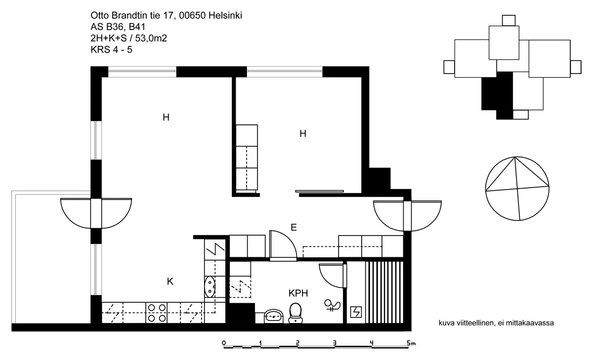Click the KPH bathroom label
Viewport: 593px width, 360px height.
(298, 293)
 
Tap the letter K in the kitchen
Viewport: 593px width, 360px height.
(170, 281)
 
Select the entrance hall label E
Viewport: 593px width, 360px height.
(294, 228)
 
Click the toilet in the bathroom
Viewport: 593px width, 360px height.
(296, 313)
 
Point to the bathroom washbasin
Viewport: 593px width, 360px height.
(274, 317)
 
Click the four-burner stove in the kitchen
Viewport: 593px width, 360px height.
(157, 313)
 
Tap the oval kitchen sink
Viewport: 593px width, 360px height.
(210, 287)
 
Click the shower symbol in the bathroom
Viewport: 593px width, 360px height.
(332, 305)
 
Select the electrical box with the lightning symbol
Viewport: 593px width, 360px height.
(356, 312)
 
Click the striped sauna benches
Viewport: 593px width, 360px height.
(384, 292)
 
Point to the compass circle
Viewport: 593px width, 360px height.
(517, 189)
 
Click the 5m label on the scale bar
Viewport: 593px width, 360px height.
(411, 343)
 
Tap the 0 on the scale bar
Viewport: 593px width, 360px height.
(224, 343)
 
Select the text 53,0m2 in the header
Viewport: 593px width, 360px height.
(151, 39)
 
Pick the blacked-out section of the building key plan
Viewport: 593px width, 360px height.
(497, 96)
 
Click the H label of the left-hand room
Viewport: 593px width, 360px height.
(166, 117)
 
